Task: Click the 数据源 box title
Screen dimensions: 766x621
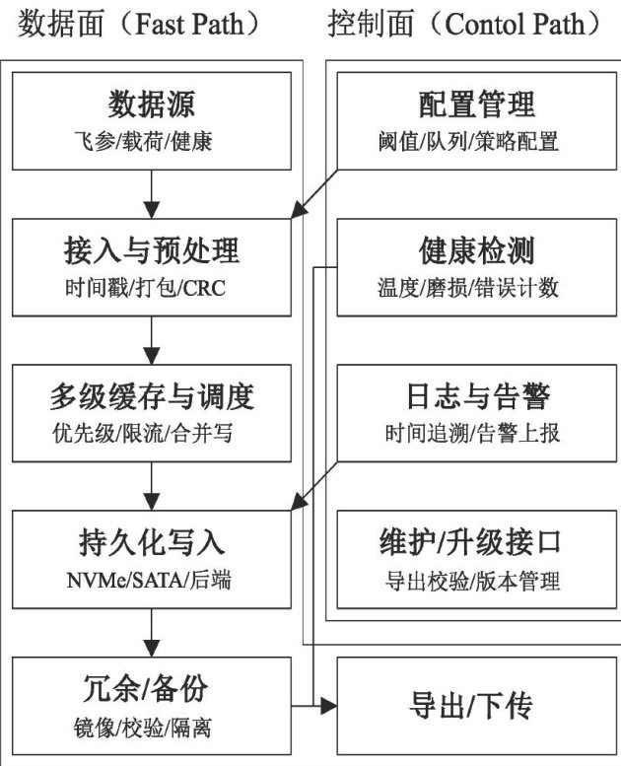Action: (152, 104)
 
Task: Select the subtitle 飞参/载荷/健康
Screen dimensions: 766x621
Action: (152, 141)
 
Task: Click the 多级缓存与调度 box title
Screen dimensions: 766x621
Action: (152, 396)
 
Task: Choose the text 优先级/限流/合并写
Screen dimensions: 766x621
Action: (152, 434)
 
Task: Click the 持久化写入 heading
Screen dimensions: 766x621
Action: (152, 543)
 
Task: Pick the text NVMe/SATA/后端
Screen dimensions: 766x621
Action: (152, 581)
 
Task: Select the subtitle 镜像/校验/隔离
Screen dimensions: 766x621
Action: (152, 728)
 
